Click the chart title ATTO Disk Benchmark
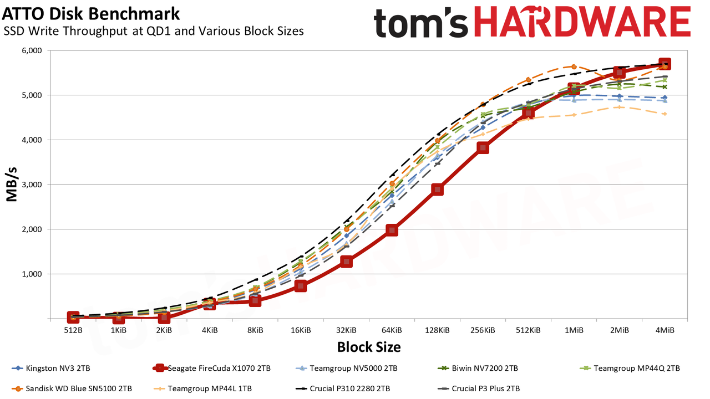click(x=91, y=14)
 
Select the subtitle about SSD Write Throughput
click(x=154, y=31)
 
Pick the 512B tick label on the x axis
click(x=73, y=330)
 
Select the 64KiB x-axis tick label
click(x=392, y=330)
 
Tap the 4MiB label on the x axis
click(x=665, y=330)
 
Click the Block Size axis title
click(x=369, y=347)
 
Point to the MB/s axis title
click(x=12, y=185)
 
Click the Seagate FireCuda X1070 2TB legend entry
click(x=212, y=369)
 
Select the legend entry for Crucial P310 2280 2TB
click(x=343, y=388)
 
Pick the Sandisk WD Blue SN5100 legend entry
click(x=72, y=388)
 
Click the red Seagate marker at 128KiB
click(x=438, y=190)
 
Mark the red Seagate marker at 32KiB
click(x=347, y=262)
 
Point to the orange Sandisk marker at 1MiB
click(x=574, y=67)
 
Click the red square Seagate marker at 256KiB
click(x=483, y=147)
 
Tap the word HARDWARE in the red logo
click(x=582, y=22)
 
